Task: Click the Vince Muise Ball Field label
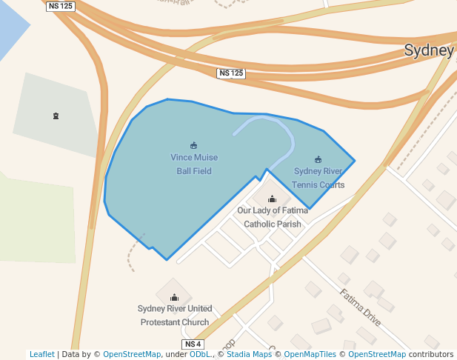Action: [194, 164]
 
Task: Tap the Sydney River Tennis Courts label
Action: [318, 178]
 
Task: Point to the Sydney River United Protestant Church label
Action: [175, 315]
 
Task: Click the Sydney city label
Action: [428, 50]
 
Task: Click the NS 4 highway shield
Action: [192, 344]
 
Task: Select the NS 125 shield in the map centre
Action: [231, 73]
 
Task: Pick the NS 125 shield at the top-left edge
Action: [60, 6]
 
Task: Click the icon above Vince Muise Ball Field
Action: [194, 145]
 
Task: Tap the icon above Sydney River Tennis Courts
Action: [318, 159]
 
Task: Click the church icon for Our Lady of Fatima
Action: [272, 199]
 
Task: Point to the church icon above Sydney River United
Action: [174, 297]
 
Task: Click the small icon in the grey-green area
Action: [56, 116]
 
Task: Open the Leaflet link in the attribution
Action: [41, 354]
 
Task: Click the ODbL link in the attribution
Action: [200, 354]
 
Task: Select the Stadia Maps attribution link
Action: [248, 354]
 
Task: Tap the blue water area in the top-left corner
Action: [11, 26]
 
